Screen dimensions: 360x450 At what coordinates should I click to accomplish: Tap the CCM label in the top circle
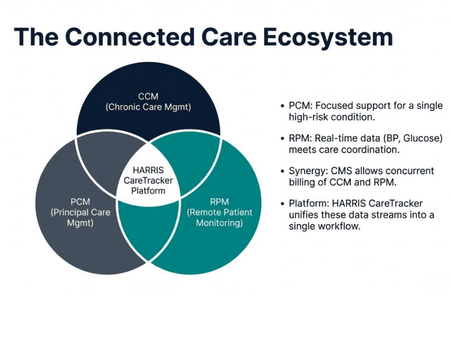point(148,96)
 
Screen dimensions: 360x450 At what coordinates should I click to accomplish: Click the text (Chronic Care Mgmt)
point(148,108)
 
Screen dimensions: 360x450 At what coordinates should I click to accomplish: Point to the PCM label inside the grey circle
point(80,201)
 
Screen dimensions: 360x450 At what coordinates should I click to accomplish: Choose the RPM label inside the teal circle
point(219,201)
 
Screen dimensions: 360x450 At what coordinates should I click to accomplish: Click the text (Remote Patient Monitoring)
point(219,217)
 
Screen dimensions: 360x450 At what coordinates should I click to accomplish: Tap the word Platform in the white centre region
point(148,190)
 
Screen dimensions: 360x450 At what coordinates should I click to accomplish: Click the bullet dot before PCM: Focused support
point(282,106)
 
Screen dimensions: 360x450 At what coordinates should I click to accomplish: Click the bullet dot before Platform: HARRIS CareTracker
point(282,204)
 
